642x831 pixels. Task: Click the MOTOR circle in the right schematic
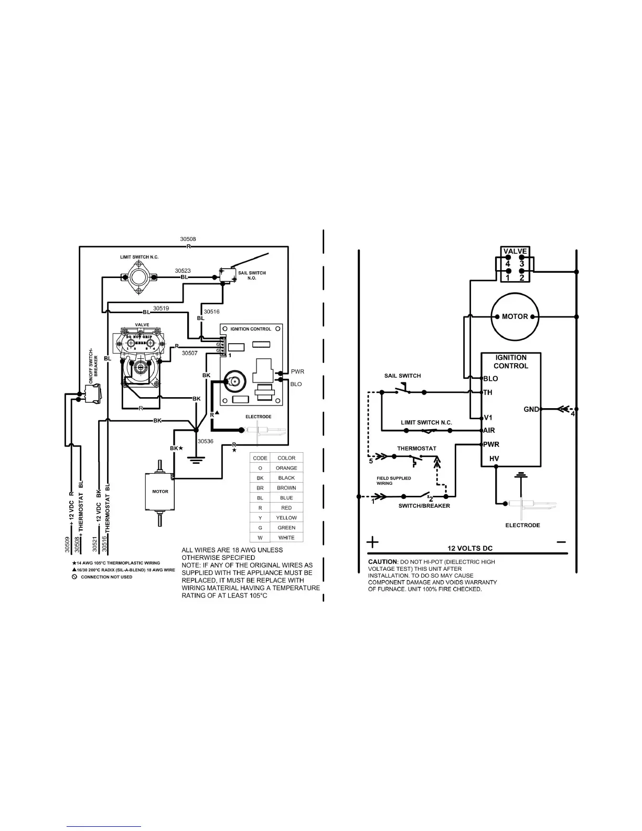515,316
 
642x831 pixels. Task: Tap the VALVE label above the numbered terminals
515,251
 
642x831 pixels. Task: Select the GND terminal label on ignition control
531,409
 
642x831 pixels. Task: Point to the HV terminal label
494,459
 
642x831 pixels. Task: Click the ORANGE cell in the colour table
286,468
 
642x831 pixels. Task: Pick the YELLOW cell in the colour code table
286,518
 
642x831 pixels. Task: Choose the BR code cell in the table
260,488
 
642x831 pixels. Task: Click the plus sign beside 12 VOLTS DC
372,541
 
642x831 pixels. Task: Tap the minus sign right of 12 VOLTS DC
561,541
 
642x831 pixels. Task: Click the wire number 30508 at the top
188,239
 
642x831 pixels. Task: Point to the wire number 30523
183,271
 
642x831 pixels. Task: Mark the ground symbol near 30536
196,460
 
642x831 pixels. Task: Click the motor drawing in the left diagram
160,492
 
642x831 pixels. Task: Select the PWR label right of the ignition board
297,371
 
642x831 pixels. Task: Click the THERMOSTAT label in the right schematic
416,449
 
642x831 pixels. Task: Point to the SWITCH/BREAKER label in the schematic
424,506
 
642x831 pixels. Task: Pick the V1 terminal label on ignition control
488,418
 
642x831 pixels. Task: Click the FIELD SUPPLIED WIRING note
393,481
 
